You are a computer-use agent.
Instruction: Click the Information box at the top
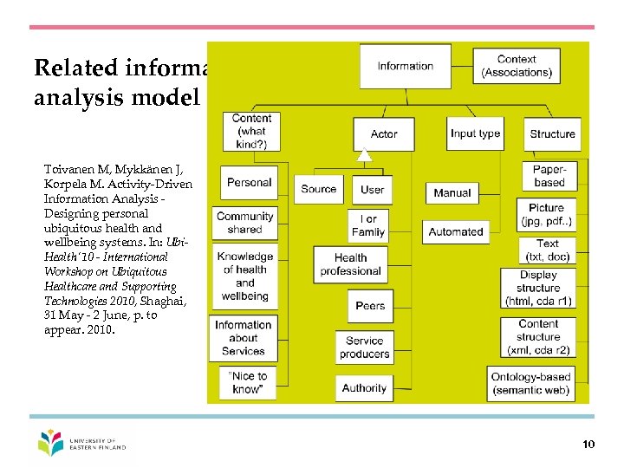tap(405, 66)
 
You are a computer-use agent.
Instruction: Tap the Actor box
tap(384, 133)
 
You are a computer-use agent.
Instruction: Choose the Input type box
tap(476, 133)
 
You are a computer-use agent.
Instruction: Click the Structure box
tap(552, 133)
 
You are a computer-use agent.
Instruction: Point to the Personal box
tap(249, 183)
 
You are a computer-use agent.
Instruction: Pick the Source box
tap(319, 189)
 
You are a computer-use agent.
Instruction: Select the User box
tap(372, 189)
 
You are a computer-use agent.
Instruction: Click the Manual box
tap(452, 192)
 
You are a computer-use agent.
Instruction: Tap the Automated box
tap(456, 231)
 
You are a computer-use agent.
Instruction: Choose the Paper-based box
tap(549, 176)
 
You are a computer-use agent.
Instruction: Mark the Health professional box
tap(350, 264)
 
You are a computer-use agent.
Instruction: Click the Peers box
tap(370, 305)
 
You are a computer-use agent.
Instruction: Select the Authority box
tap(364, 387)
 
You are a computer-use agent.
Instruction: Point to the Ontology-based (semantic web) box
tap(531, 384)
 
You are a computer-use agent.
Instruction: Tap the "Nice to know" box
tap(249, 383)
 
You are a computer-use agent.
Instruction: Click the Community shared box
tap(245, 223)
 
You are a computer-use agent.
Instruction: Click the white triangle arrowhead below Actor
tap(366, 156)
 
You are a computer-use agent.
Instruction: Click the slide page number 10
tap(589, 445)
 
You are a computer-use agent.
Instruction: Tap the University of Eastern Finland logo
tap(82, 443)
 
